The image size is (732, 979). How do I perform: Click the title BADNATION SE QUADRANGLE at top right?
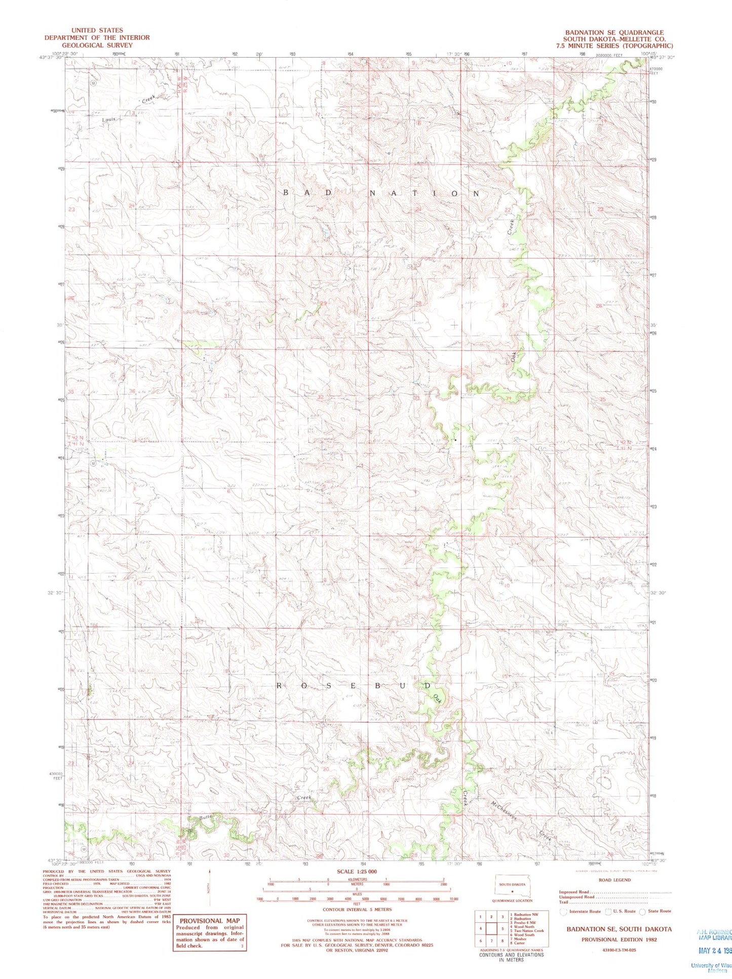click(614, 32)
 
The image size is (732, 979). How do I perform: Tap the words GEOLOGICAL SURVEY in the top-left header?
click(97, 45)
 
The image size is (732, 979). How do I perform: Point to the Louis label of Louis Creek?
click(109, 119)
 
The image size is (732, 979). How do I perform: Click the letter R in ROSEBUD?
click(279, 686)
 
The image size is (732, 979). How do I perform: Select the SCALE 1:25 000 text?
click(357, 872)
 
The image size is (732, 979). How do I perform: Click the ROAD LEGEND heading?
click(614, 880)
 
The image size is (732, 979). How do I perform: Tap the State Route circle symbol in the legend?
click(642, 912)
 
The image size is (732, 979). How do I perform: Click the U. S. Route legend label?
click(624, 911)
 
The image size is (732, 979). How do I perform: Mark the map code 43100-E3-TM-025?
click(616, 950)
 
